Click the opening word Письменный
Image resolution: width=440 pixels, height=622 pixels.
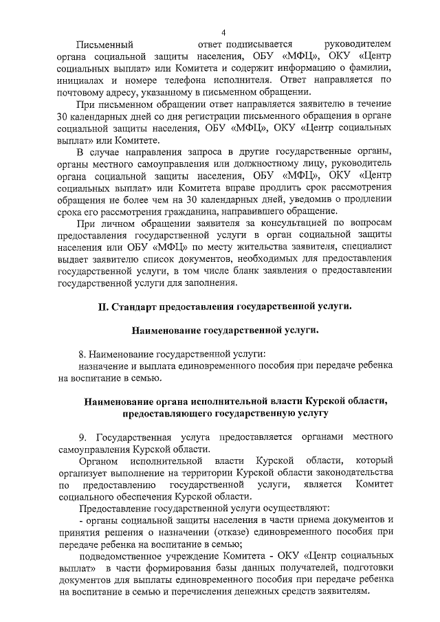104,45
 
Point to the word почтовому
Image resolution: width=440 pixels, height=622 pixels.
83,92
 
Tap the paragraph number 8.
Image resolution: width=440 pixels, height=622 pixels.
82,354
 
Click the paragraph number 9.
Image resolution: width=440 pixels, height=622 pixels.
82,436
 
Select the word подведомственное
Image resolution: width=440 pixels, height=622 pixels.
120,555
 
